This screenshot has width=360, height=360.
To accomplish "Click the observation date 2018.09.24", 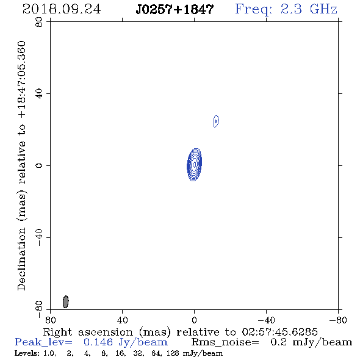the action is (x=62, y=9).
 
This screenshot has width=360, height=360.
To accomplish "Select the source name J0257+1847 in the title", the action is (x=175, y=9).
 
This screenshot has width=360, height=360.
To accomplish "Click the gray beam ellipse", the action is (x=66, y=301).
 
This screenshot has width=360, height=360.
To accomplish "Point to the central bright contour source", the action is (x=195, y=165).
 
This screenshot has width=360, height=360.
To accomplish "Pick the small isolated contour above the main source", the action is (x=216, y=121).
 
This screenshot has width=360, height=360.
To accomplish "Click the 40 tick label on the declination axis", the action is (x=39, y=94).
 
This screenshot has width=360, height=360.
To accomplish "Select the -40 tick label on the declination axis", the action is (x=39, y=237).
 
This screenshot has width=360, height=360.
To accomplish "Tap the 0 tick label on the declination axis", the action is (x=39, y=165).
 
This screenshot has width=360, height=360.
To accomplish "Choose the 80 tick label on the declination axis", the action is (x=39, y=22).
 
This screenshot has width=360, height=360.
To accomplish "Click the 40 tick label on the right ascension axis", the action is (x=122, y=320).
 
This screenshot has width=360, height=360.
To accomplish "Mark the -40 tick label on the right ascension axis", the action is (x=266, y=320).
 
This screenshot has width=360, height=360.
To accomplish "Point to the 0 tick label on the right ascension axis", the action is (x=194, y=320).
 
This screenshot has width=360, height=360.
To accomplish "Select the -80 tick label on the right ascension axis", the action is (x=338, y=320).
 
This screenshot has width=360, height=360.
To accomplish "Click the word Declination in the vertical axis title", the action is (x=21, y=259).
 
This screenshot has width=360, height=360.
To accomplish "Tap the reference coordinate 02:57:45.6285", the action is (x=279, y=332).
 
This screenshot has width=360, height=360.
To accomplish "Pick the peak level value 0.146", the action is (x=98, y=342).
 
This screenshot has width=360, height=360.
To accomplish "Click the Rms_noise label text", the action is (x=225, y=342).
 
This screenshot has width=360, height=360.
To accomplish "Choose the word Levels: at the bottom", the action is (x=26, y=353).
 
